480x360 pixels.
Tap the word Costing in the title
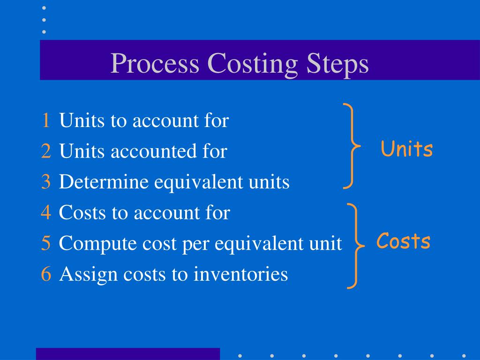(x=252, y=64)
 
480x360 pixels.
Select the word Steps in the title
(x=337, y=64)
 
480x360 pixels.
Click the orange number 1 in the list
(x=45, y=121)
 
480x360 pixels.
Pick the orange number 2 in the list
(x=45, y=151)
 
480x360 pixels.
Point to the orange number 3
(x=45, y=182)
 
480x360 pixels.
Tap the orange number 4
(x=45, y=213)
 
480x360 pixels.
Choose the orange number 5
(x=45, y=244)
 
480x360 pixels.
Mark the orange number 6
(x=45, y=274)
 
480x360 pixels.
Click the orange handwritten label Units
(x=406, y=150)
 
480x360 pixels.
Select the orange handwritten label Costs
(x=403, y=241)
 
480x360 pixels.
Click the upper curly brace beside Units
(x=351, y=146)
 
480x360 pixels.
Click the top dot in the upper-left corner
(x=44, y=8)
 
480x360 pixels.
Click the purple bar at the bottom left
(x=127, y=354)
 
